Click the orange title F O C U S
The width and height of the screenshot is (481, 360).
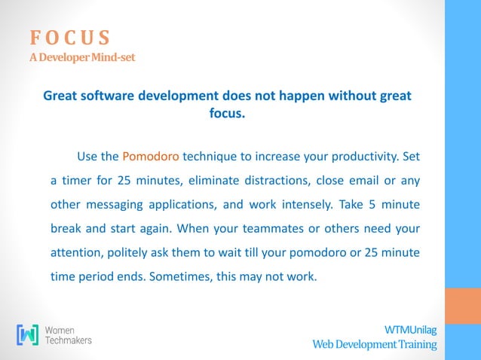tap(70, 37)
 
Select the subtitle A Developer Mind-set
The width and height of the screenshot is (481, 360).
tap(82, 57)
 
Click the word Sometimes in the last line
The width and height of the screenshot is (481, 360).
tap(181, 276)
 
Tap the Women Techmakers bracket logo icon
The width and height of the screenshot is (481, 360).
tap(28, 334)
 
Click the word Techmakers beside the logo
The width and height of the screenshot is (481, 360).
tap(69, 340)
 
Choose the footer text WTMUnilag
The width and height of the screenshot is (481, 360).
tap(410, 330)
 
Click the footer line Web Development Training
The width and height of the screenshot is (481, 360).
tap(375, 344)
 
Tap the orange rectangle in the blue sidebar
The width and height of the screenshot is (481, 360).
tap(463, 305)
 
